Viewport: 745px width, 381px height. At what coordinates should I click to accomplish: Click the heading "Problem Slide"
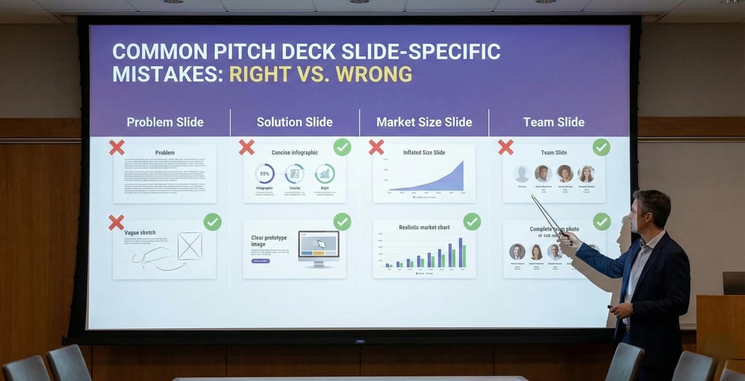pyautogui.click(x=164, y=122)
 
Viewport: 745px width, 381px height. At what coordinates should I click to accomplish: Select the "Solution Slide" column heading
pyautogui.click(x=294, y=122)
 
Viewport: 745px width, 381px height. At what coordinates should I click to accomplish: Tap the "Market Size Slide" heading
pyautogui.click(x=424, y=122)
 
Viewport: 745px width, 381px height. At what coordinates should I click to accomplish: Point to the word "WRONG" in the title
pyautogui.click(x=373, y=74)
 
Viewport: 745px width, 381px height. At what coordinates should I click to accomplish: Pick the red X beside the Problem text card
pyautogui.click(x=116, y=148)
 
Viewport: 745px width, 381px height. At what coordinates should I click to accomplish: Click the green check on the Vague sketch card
pyautogui.click(x=212, y=222)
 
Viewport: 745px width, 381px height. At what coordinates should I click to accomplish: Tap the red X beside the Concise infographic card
pyautogui.click(x=247, y=148)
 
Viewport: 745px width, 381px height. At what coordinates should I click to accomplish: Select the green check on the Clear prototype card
pyautogui.click(x=342, y=222)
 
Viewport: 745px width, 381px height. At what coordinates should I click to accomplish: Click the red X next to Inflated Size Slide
pyautogui.click(x=376, y=148)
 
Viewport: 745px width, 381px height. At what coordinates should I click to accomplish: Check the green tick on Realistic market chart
pyautogui.click(x=471, y=222)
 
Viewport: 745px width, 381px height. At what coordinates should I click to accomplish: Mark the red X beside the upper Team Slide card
pyautogui.click(x=506, y=148)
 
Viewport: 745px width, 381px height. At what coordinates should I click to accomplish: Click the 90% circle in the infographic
pyautogui.click(x=265, y=174)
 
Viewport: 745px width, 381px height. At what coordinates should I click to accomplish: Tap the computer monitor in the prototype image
pyautogui.click(x=318, y=246)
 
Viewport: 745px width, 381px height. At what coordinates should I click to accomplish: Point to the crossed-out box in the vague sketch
pyautogui.click(x=190, y=246)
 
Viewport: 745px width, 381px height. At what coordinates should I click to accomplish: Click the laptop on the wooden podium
pyautogui.click(x=733, y=283)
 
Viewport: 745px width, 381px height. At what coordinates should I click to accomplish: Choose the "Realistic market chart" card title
pyautogui.click(x=424, y=228)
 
